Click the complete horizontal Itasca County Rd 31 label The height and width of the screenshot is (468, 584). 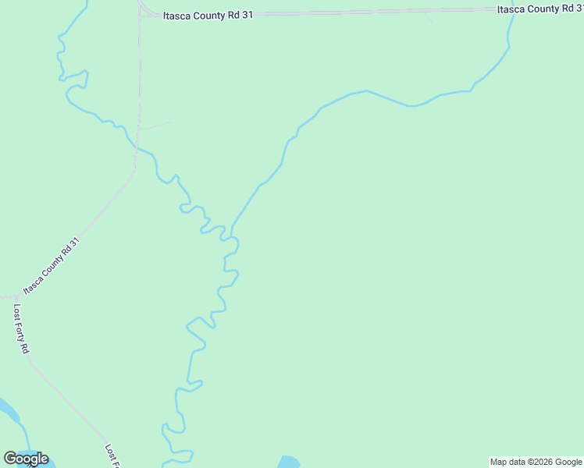point(208,15)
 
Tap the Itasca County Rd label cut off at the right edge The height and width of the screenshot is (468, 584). point(539,9)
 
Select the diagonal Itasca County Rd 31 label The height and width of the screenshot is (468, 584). point(52,267)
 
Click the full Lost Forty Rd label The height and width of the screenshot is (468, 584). point(21,328)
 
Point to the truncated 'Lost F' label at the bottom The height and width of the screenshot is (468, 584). point(112,456)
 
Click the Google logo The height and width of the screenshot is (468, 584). point(26,459)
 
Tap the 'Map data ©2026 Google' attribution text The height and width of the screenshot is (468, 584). point(536,462)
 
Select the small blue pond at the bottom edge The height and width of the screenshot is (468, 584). point(288,462)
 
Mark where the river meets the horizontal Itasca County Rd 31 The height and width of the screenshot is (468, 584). point(512,12)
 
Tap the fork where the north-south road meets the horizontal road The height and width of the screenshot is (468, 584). point(141,13)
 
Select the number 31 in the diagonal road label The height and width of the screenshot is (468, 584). point(75,244)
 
